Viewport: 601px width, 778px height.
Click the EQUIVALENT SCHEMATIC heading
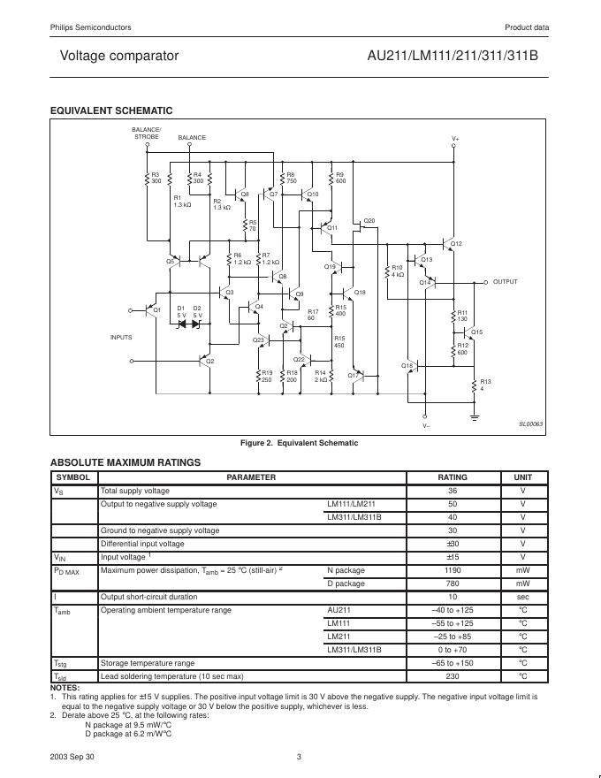click(111, 111)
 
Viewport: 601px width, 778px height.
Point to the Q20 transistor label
click(369, 220)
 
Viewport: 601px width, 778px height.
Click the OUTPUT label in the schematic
click(506, 281)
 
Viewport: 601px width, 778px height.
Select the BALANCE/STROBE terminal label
click(147, 133)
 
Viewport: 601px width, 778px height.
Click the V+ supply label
click(455, 139)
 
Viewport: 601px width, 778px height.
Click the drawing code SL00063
click(530, 424)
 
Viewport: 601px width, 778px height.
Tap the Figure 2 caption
click(300, 443)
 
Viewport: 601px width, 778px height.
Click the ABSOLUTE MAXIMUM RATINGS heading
click(126, 462)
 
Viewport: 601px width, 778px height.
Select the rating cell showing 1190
click(453, 570)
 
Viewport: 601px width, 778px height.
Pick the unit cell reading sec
click(522, 597)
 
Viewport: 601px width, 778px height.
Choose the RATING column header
click(453, 477)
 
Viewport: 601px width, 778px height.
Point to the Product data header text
click(527, 27)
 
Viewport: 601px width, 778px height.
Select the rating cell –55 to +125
click(453, 623)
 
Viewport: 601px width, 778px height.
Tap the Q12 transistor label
click(456, 243)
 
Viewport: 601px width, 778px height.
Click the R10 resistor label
click(397, 267)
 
